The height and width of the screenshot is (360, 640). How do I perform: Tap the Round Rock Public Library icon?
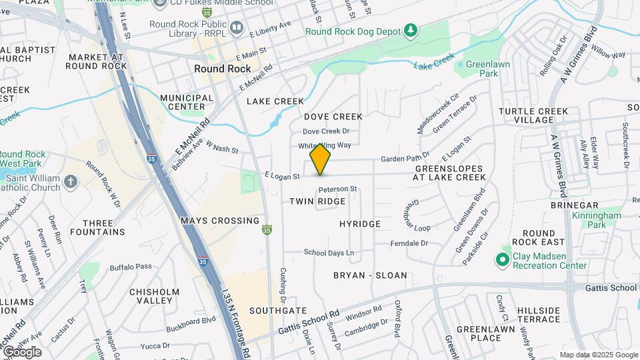pos(237,28)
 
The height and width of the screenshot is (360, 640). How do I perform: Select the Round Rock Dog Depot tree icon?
pos(411,31)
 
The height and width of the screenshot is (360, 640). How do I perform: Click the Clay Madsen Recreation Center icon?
pos(504,259)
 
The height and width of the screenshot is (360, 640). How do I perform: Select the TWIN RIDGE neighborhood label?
pos(317,201)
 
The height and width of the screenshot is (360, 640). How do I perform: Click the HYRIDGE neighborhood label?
pos(360,224)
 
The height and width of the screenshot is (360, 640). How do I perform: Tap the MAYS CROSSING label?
pos(220,221)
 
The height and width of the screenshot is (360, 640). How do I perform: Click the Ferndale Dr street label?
pos(409,243)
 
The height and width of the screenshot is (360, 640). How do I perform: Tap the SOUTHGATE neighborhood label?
pos(278,311)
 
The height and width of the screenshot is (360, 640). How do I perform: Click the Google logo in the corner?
pos(22,351)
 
